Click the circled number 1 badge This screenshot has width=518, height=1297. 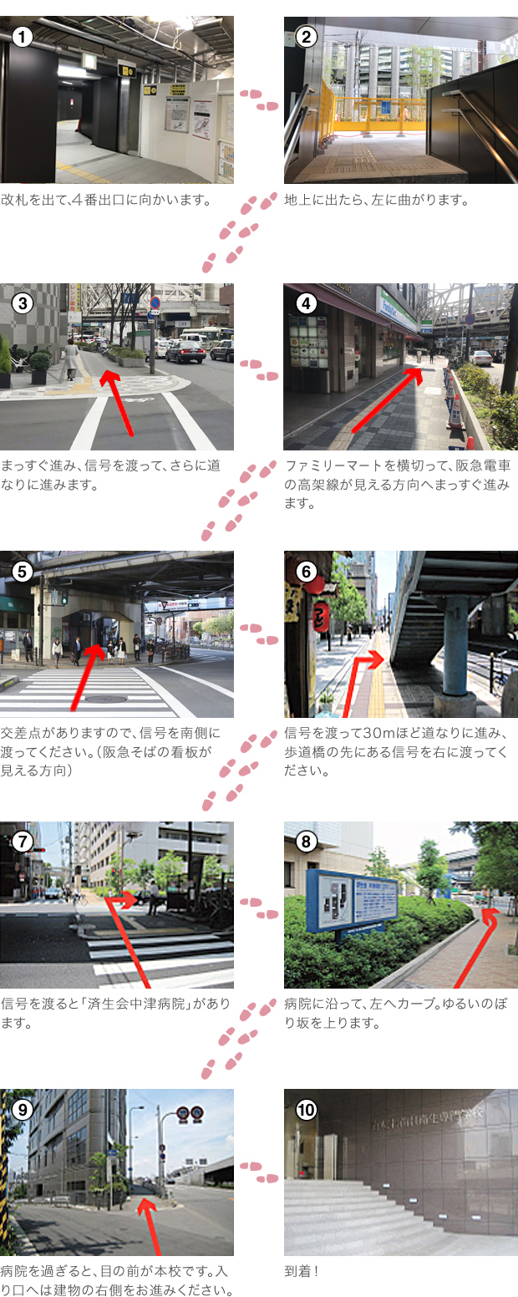coord(22,38)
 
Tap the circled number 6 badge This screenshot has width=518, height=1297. coord(306,572)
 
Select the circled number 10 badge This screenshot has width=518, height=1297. coord(306,1110)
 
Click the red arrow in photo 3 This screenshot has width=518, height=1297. coord(118,403)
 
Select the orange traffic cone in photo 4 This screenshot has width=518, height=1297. coord(455,412)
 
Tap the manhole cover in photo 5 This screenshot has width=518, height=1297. coord(105,699)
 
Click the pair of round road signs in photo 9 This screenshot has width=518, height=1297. coord(190,1113)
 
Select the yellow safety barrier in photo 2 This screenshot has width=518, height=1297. coord(374,110)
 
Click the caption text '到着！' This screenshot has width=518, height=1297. coord(301,1272)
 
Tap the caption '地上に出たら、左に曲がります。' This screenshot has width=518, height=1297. coord(376,201)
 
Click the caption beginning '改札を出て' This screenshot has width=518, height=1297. coord(106,201)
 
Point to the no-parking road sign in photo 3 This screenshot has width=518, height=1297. coord(155,303)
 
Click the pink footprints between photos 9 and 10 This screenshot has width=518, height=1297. coord(259,1172)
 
